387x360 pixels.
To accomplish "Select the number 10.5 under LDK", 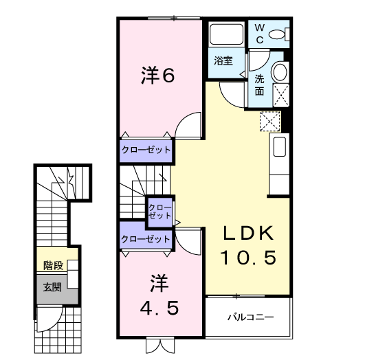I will (248, 258).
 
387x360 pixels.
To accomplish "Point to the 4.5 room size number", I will (159, 307).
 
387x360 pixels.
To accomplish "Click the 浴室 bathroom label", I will (222, 60).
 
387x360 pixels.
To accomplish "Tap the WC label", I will (260, 32).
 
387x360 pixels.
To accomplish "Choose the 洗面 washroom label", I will (260, 84).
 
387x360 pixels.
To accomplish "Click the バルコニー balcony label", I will (251, 318).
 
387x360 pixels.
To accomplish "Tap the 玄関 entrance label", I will (52, 286).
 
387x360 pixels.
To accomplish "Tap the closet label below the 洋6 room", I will (146, 149).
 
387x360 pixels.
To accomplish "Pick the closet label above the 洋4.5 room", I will (146, 239).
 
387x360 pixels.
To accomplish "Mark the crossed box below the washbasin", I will (280, 95).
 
